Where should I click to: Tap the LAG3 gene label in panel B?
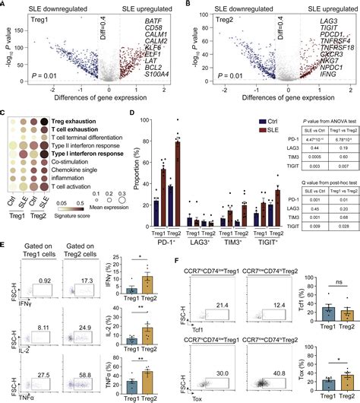click(326, 26)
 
